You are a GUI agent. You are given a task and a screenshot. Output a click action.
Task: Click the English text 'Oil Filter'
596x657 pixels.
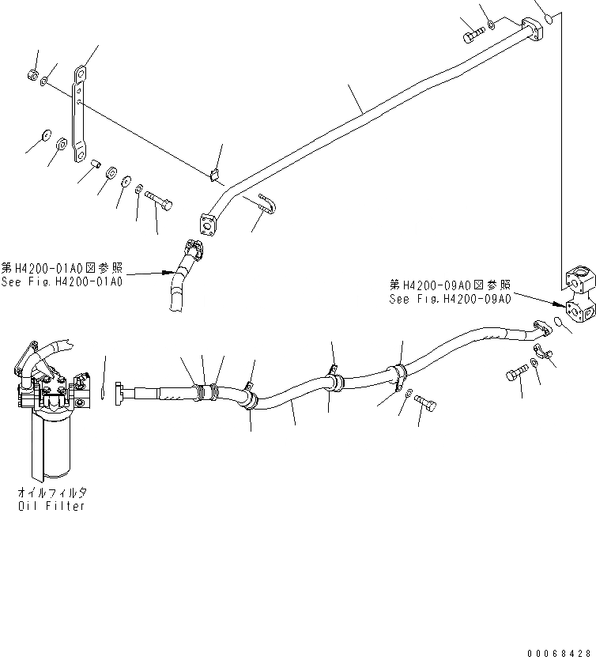coord(51,506)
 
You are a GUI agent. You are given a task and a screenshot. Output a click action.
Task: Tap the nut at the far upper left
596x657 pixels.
coord(32,74)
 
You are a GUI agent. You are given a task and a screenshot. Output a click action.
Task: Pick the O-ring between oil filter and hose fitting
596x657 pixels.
coord(104,391)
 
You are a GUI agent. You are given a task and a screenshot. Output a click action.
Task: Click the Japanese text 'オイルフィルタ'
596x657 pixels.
coord(51,493)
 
